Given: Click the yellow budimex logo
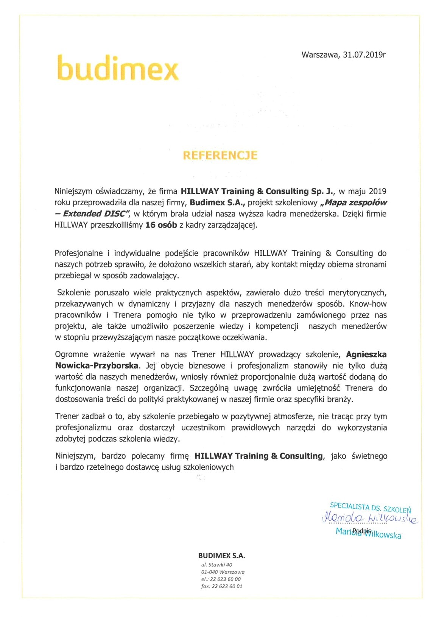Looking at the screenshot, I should (x=117, y=67).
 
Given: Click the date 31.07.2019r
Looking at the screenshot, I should (x=364, y=55).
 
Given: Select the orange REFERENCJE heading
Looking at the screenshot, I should (x=220, y=155).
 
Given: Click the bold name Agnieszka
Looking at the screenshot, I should (x=366, y=355).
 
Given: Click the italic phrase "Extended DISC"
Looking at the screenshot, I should (x=97, y=214).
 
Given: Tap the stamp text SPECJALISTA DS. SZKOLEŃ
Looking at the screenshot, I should (x=370, y=507).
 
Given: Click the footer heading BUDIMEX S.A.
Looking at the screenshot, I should (x=221, y=556).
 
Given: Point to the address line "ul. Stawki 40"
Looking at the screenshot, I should (x=216, y=565).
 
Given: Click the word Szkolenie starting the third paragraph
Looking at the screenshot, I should (x=75, y=292).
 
